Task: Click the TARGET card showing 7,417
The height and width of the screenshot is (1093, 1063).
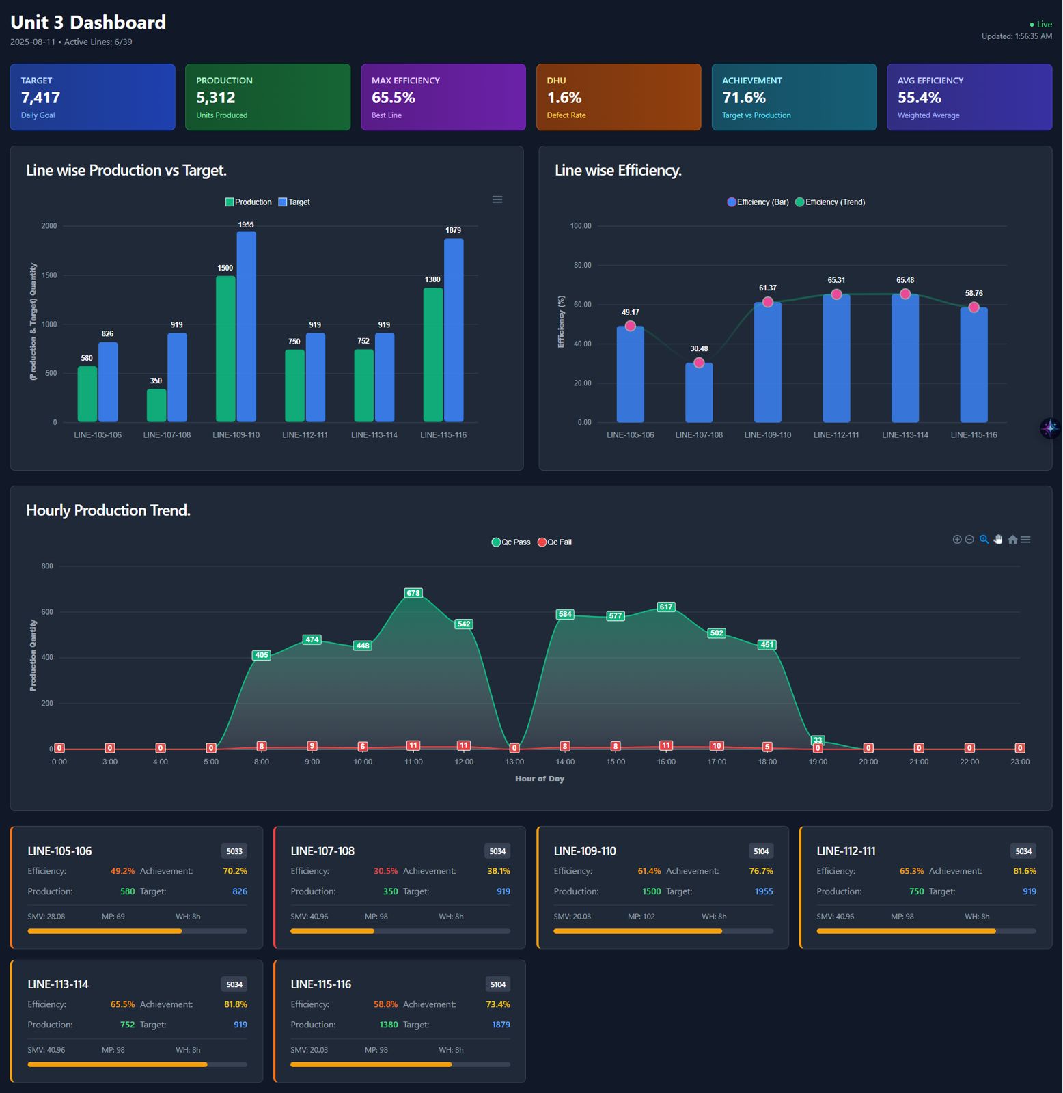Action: tap(92, 97)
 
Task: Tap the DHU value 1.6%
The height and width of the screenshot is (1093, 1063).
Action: tap(564, 98)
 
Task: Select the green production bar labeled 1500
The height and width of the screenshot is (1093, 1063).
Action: tap(225, 348)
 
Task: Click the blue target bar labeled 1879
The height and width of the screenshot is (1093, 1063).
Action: tap(454, 330)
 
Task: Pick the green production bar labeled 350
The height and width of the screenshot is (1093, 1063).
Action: tap(156, 405)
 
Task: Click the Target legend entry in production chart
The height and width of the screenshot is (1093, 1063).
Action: tap(294, 202)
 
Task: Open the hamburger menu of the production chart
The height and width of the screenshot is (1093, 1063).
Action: tap(497, 199)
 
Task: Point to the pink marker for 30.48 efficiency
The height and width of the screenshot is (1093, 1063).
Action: tap(699, 363)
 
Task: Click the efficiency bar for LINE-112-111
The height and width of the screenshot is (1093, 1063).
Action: tap(836, 359)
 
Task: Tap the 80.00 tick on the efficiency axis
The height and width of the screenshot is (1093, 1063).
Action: tap(582, 265)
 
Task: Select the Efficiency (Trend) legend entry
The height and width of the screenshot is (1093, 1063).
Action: tap(830, 202)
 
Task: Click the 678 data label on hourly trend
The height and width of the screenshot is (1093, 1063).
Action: tap(413, 593)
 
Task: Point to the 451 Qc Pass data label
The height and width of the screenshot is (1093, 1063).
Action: tap(767, 644)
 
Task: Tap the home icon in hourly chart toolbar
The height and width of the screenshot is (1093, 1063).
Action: tap(1012, 540)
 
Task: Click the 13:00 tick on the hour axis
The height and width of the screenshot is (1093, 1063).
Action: tap(514, 762)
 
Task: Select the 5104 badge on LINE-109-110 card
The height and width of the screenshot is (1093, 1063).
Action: tap(761, 851)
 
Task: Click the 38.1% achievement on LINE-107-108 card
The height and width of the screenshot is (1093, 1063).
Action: tap(498, 871)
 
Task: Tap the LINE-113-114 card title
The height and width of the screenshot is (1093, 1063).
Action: tap(58, 984)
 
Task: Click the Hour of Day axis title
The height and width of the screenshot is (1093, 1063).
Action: tap(540, 779)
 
